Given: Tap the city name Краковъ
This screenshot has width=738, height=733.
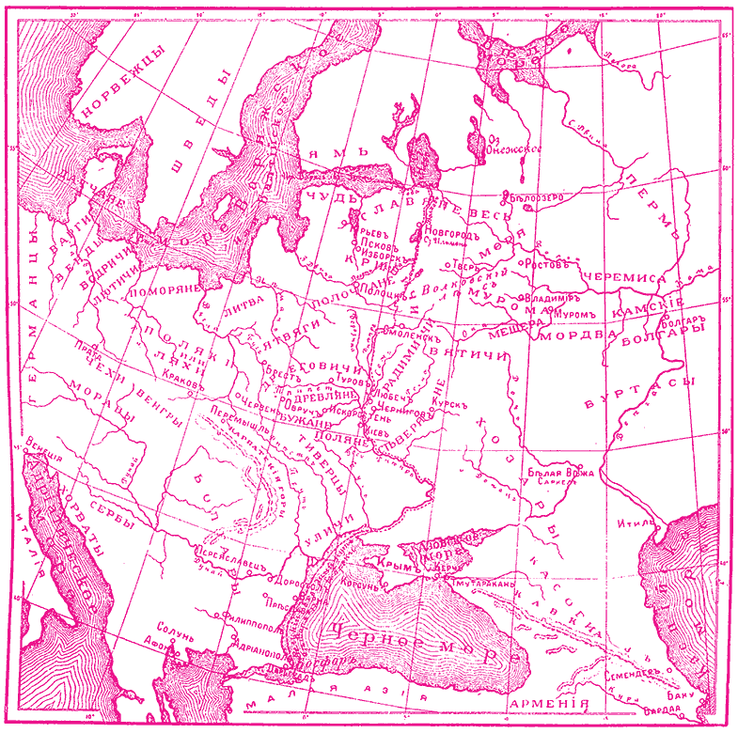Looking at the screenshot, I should pos(183,383).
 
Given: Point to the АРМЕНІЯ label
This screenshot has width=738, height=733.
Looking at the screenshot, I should pos(548,704).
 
